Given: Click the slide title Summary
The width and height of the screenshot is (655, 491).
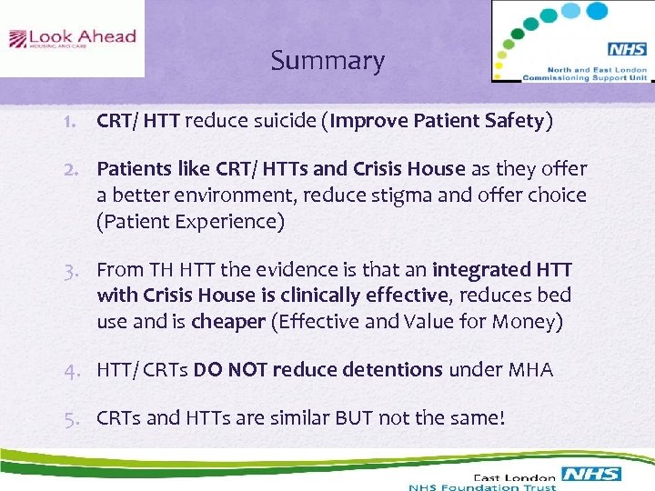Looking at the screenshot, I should click(327, 61).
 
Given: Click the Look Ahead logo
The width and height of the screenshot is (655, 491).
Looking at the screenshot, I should click(72, 39).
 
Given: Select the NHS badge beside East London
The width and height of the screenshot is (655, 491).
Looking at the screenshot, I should click(590, 474).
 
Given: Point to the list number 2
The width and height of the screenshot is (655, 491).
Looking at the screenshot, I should click(81, 169).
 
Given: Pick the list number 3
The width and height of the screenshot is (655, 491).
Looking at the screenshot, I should click(81, 270).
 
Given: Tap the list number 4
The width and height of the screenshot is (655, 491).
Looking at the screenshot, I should click(81, 370).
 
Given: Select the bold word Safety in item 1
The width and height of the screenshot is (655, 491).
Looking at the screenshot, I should click(510, 122).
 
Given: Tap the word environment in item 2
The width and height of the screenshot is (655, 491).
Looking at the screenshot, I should click(233, 195).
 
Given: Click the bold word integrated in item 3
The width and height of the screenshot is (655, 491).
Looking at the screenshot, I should click(482, 270).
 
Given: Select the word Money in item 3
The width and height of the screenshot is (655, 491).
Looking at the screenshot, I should click(528, 321).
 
